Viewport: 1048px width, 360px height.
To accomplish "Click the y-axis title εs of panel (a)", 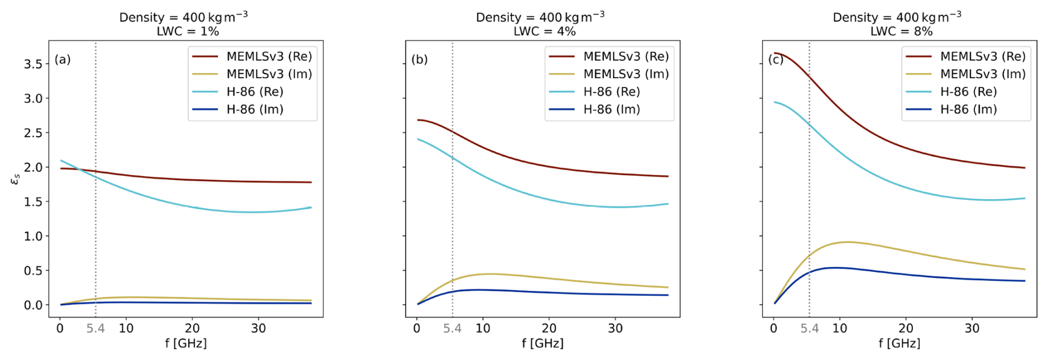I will tap(16, 178).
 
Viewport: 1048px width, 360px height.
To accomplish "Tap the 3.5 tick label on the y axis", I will tap(33, 64).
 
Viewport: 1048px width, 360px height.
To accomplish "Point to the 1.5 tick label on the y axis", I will tap(33, 202).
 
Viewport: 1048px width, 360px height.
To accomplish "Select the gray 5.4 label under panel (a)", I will tap(95, 328).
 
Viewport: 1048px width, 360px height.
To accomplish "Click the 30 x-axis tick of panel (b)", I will tap(615, 328).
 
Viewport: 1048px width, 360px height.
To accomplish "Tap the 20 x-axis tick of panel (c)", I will tap(906, 328).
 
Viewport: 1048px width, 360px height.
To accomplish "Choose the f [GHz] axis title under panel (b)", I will tap(542, 343).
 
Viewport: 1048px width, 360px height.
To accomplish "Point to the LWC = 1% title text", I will tap(188, 32).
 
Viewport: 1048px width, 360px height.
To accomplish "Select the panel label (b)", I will tap(419, 59).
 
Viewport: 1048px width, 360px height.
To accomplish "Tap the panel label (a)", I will tap(63, 59).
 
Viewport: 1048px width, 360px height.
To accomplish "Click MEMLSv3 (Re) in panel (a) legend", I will tap(269, 56).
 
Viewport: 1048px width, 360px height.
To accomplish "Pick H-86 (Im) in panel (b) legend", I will tap(612, 110).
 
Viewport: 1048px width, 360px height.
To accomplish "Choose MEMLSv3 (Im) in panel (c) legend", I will tap(983, 74).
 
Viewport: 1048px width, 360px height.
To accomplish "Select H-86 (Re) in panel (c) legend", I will tap(968, 92).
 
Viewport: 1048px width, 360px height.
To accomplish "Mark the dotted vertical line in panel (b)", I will tap(453, 233).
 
